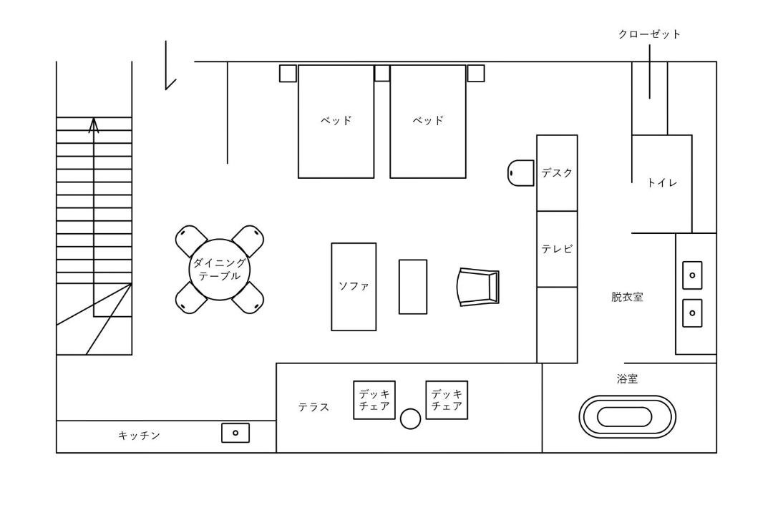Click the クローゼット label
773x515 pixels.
click(x=649, y=34)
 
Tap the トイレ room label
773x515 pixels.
click(x=662, y=183)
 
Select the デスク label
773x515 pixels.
click(x=557, y=173)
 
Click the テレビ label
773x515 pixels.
click(x=557, y=249)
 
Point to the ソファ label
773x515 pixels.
click(x=354, y=286)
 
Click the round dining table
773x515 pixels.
click(x=220, y=270)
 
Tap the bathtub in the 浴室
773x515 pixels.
click(x=627, y=416)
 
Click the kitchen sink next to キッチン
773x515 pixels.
click(x=235, y=433)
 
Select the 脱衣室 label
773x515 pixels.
click(x=627, y=297)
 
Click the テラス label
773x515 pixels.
click(x=313, y=407)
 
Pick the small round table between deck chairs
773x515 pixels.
click(x=410, y=419)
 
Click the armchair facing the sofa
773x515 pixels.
click(x=478, y=287)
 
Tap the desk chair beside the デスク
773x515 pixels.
click(x=520, y=172)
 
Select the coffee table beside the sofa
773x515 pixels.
click(x=413, y=287)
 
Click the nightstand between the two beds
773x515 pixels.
click(x=382, y=73)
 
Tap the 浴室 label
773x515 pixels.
click(x=627, y=379)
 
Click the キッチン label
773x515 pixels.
click(x=140, y=436)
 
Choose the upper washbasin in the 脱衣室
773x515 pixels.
click(x=692, y=275)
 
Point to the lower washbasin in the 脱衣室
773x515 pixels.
click(x=692, y=313)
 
